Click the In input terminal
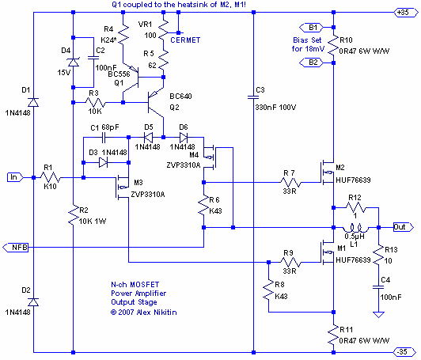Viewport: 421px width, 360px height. (x=15, y=177)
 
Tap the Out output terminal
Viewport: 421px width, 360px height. (x=404, y=227)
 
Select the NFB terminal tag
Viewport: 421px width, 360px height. (x=16, y=247)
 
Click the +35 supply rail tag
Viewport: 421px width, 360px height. (x=406, y=13)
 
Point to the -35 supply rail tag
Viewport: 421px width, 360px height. (x=406, y=351)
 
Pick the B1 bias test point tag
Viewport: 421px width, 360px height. (x=311, y=28)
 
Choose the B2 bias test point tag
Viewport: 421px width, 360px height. (x=311, y=63)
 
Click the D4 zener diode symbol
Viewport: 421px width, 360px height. (x=74, y=63)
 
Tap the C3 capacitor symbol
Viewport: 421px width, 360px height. (x=253, y=97)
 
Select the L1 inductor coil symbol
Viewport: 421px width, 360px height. (x=355, y=229)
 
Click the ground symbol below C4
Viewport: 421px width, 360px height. (x=378, y=314)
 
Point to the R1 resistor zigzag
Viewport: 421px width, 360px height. (x=50, y=177)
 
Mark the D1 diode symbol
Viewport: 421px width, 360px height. (x=33, y=102)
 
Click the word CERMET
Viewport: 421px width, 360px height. (x=185, y=40)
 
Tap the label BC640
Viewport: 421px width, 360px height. (x=180, y=96)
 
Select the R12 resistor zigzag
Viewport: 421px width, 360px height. (x=355, y=207)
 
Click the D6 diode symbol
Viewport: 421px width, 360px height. (x=184, y=138)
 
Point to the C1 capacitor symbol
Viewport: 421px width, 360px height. (x=104, y=138)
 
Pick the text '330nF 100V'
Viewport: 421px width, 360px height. (x=275, y=108)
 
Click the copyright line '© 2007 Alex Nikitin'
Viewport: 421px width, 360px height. (x=144, y=313)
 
